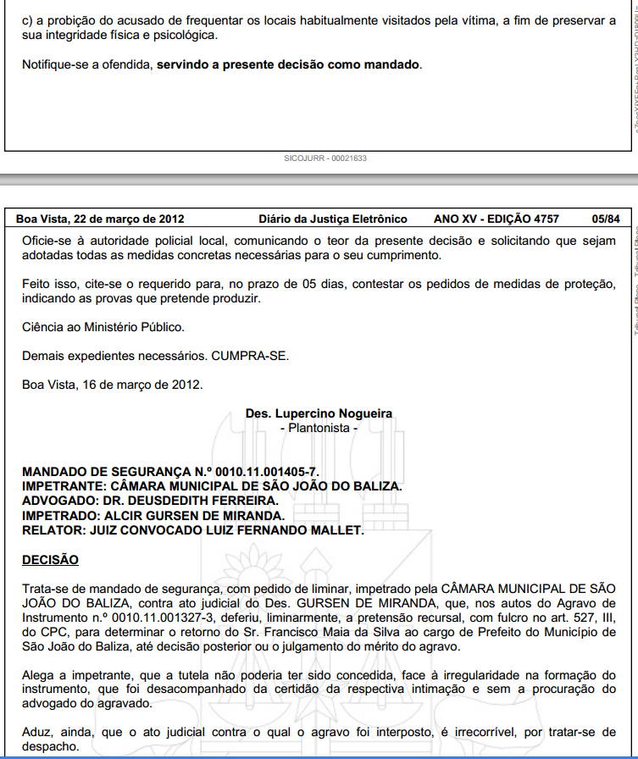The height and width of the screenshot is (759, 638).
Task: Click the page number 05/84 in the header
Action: tap(606, 219)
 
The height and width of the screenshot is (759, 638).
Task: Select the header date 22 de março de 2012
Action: tap(129, 219)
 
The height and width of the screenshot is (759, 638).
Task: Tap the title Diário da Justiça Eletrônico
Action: tap(333, 219)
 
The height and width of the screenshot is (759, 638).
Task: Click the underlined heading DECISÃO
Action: tap(50, 560)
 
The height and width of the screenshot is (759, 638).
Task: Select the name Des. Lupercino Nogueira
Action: tap(319, 413)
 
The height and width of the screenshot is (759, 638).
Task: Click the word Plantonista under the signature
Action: tap(319, 428)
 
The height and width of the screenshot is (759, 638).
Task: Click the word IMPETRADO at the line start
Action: tap(58, 516)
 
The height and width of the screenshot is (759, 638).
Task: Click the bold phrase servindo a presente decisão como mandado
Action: tap(288, 64)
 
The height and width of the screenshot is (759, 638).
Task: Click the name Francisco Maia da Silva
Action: tap(369, 632)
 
